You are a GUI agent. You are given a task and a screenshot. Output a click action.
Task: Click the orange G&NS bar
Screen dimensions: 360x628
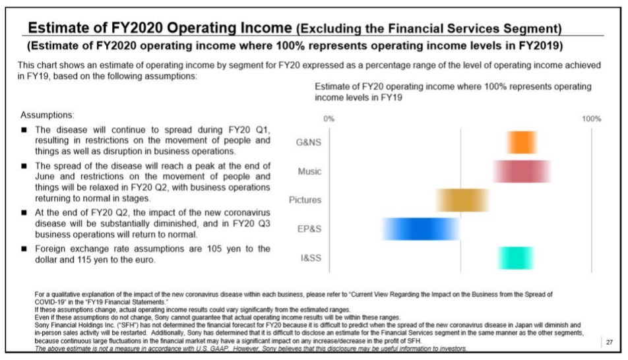point(522,142)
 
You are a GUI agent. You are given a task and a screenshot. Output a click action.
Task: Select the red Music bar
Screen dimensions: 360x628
point(522,171)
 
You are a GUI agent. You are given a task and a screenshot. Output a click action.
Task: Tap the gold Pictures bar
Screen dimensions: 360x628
point(462,200)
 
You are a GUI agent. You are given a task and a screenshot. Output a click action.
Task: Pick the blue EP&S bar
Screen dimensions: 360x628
point(410,228)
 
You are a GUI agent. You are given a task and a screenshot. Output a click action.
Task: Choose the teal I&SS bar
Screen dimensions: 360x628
point(515,257)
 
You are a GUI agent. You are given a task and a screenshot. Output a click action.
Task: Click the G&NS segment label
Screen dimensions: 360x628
point(309,142)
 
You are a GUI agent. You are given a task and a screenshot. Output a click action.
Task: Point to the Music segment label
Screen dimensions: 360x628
point(309,171)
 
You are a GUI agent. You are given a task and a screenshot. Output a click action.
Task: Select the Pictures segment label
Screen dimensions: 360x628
point(305,200)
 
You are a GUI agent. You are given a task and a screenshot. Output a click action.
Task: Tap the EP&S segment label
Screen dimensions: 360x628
point(309,229)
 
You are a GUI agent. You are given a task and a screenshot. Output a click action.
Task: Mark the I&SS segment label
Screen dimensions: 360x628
point(311,257)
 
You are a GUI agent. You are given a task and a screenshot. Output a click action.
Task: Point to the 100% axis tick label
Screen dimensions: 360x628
point(591,119)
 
